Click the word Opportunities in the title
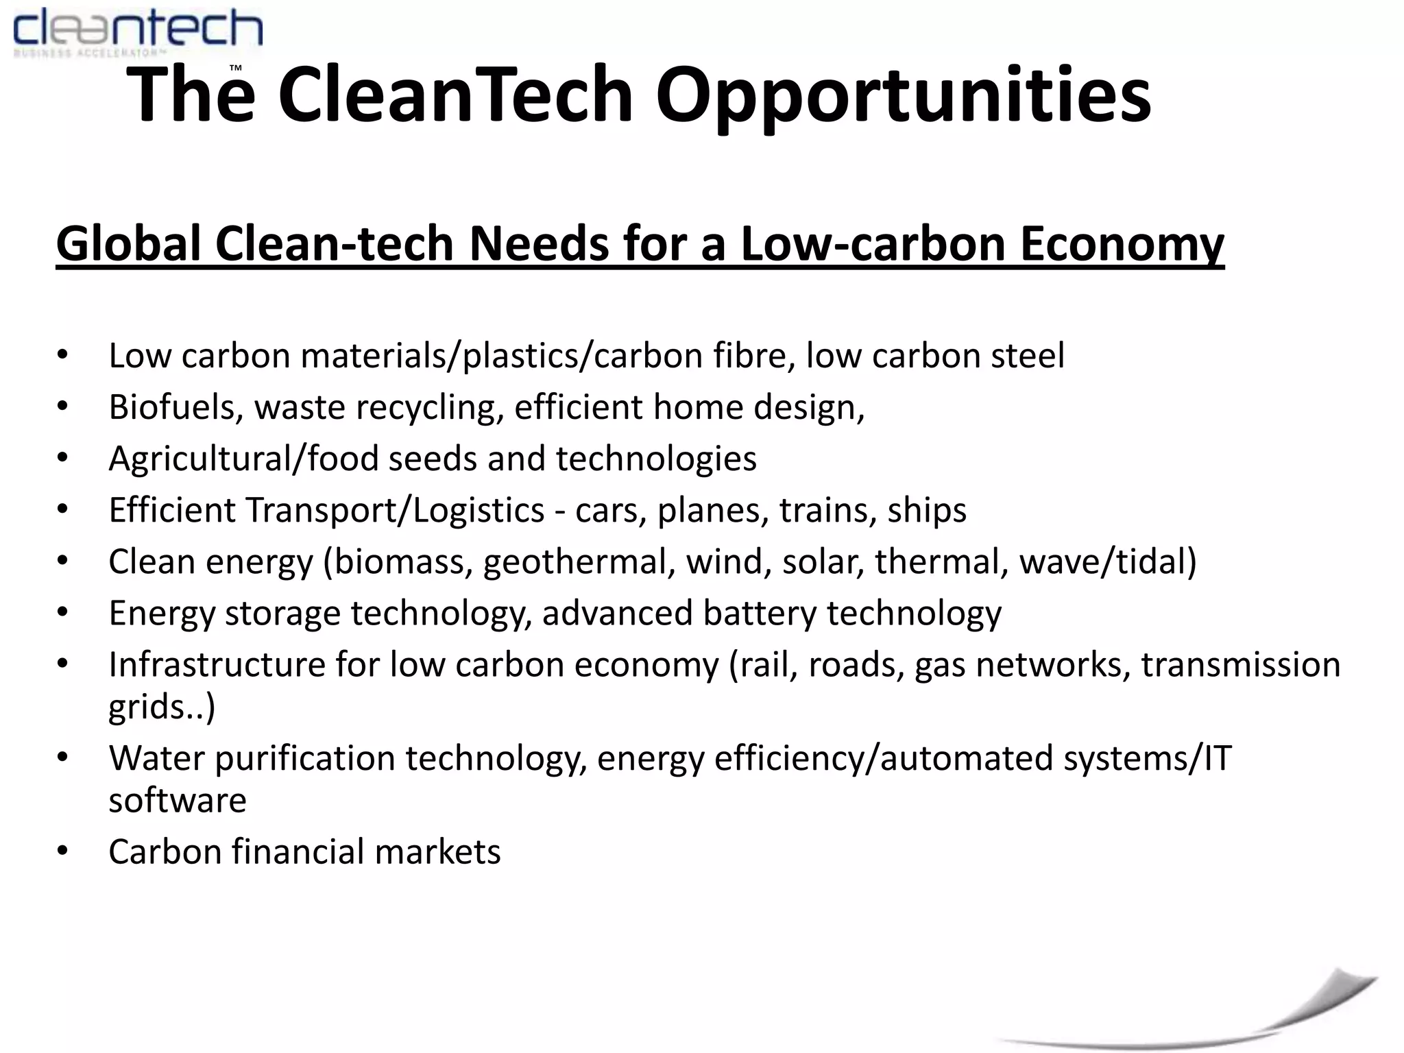(x=903, y=95)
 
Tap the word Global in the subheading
(x=130, y=243)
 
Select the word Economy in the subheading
(x=1122, y=243)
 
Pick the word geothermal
(x=575, y=561)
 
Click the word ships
(x=927, y=510)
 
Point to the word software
(x=178, y=800)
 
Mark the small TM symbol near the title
(x=235, y=69)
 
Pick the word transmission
(x=1240, y=664)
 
